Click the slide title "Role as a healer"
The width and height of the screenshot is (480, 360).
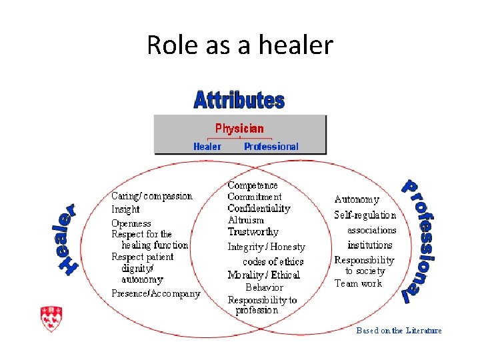click(x=239, y=45)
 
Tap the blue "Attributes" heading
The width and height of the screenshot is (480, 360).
click(x=239, y=101)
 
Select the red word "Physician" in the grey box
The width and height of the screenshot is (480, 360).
click(x=239, y=129)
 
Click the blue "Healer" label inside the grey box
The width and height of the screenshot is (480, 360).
click(x=207, y=147)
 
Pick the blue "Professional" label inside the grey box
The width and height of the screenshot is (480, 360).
click(x=271, y=147)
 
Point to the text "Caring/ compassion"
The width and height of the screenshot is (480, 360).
click(x=151, y=196)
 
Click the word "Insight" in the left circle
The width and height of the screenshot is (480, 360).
click(x=125, y=209)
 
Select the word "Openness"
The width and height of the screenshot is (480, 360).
click(x=131, y=223)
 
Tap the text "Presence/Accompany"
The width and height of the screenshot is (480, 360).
click(x=155, y=293)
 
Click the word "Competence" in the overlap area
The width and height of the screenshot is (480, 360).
click(x=253, y=185)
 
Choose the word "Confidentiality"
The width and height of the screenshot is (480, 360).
click(x=259, y=208)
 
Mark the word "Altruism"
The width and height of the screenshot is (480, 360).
click(x=245, y=220)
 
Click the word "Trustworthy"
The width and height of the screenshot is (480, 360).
click(x=253, y=232)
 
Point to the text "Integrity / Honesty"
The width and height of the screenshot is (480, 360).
click(x=266, y=247)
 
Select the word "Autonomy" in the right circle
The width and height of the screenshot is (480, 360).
click(x=357, y=199)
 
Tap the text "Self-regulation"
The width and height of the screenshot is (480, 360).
click(x=365, y=215)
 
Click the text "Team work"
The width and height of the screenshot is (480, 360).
click(x=358, y=283)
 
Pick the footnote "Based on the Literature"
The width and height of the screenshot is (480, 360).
click(x=399, y=331)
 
